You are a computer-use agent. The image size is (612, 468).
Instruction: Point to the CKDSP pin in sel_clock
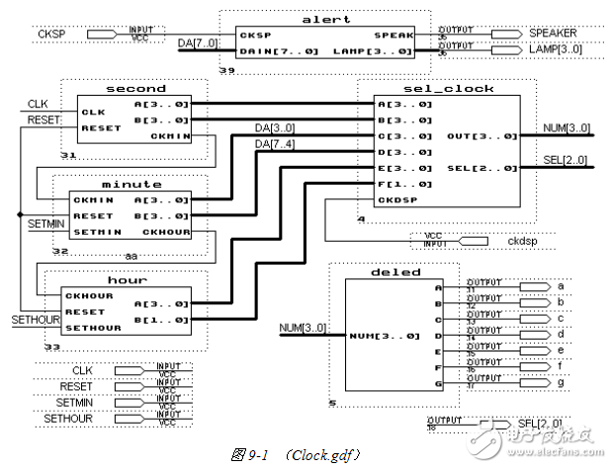[x=394, y=199]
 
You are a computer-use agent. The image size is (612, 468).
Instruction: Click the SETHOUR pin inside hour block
[x=95, y=327]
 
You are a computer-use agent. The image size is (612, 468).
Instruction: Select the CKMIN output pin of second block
[x=170, y=135]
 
